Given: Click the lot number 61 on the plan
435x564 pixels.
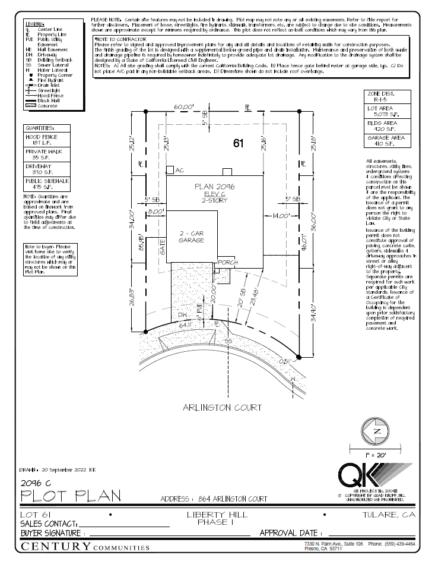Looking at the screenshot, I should (x=239, y=143).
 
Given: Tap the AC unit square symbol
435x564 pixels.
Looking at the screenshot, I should (x=170, y=170).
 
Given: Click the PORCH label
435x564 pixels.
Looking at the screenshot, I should (x=228, y=262).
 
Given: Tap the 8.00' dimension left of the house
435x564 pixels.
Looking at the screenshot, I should (x=155, y=211).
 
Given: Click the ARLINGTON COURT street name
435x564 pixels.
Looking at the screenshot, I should (x=223, y=408).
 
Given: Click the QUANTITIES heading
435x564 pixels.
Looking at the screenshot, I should (x=40, y=128).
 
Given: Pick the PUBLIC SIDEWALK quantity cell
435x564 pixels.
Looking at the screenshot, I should (x=47, y=184).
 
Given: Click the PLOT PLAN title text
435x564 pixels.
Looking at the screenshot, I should (x=71, y=495).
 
